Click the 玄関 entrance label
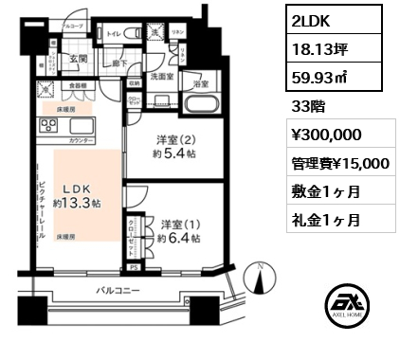point(78,60)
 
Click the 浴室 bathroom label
point(201,84)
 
